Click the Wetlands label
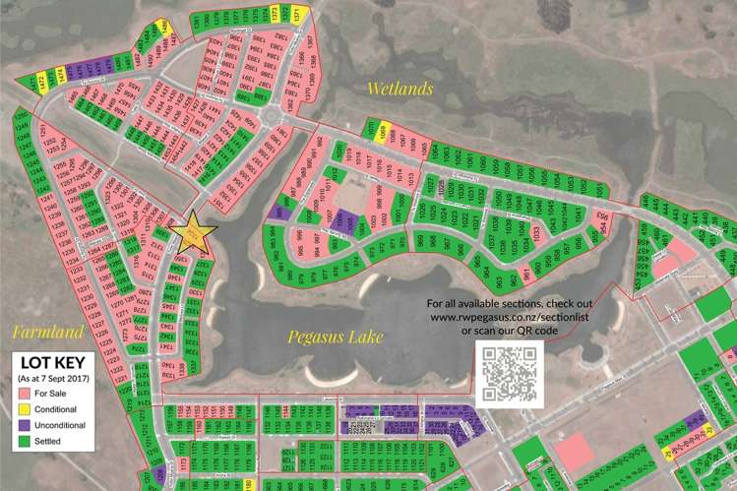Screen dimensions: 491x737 pos(400,90)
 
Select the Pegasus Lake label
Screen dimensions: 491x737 pos(335,337)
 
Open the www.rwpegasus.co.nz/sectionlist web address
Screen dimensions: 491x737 pos(508,317)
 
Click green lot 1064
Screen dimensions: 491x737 pos(434,154)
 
